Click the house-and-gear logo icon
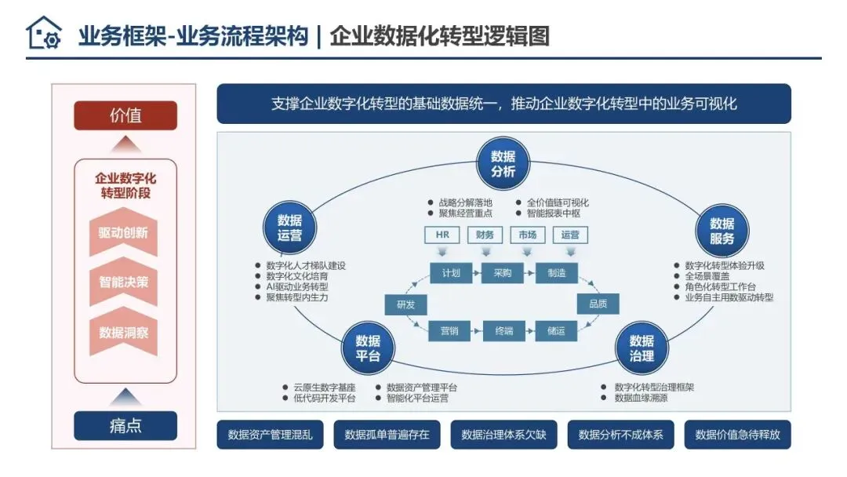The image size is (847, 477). pos(43,34)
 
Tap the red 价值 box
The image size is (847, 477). pos(125,115)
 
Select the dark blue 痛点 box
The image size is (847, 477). pos(125,426)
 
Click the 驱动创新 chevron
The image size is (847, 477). pos(123,233)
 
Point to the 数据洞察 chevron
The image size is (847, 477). pos(123,332)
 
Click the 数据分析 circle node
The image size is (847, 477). pos(503,163)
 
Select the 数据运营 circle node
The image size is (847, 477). pos(289,227)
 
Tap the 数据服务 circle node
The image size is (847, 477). pos(721,231)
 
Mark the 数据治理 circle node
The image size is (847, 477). pos(641,348)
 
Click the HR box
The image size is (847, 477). pos(442,235)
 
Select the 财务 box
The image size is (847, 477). pos(485,235)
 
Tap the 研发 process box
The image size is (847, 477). pos(405,304)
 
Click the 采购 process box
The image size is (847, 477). pos(502,273)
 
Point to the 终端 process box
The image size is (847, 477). pos(502,330)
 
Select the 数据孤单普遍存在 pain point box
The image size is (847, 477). pos(387,435)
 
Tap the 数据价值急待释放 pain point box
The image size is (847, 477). pos(737,435)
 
